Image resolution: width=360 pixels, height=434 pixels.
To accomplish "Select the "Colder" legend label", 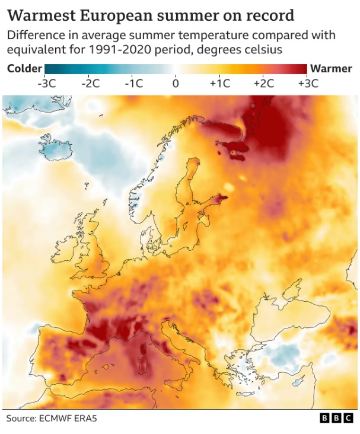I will point(24,68).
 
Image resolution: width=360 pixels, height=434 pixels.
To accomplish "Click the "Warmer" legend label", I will point(331,68).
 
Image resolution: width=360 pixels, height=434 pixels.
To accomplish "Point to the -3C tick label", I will point(46,83).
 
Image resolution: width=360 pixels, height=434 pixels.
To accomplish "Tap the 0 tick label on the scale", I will point(176,83).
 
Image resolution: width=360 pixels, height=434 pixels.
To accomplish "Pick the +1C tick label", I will point(219,83).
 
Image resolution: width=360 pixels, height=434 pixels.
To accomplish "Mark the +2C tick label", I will point(263,83).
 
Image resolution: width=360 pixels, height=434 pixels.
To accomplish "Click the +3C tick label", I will point(307,83).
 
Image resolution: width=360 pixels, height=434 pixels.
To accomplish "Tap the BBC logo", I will point(336,419).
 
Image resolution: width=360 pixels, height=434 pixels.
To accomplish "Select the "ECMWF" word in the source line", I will point(60,419).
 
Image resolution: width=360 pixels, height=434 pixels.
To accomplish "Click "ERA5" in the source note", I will point(87,419).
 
